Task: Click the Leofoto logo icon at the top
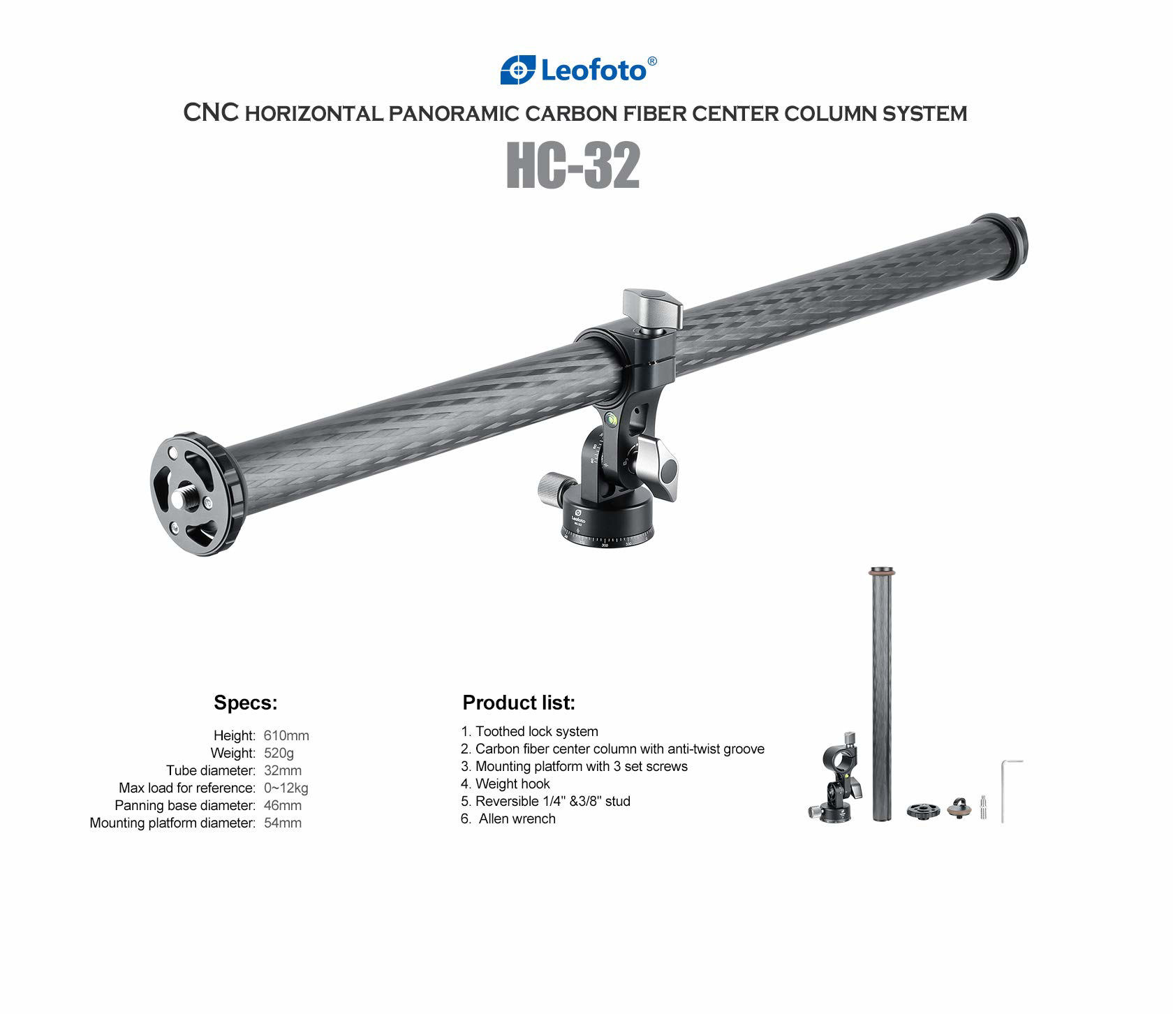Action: (518, 70)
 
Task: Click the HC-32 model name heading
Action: (573, 166)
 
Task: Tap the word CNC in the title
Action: (212, 113)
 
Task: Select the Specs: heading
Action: (245, 703)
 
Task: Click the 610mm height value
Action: (286, 735)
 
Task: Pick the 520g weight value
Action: (279, 753)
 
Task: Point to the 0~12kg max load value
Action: (286, 788)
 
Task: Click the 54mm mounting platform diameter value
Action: (283, 823)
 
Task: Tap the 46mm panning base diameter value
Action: (283, 805)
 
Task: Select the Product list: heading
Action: (519, 703)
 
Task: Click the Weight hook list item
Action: (512, 784)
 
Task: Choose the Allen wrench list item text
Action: (517, 818)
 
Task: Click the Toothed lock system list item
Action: (536, 731)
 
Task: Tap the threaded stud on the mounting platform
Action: (190, 496)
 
